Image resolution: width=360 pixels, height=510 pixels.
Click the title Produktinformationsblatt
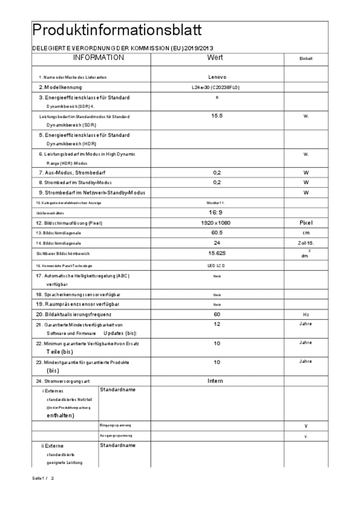[x=117, y=30]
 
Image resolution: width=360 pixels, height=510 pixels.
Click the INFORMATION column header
[x=98, y=58]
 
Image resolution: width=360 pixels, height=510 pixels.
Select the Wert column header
[x=215, y=58]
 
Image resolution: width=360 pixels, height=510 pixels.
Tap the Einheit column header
[x=306, y=59]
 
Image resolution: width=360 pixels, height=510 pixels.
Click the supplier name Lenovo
[x=217, y=77]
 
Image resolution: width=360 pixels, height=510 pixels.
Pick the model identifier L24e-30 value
[x=216, y=87]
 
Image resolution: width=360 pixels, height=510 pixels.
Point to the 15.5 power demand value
[x=217, y=116]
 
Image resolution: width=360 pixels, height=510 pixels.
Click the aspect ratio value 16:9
[x=215, y=213]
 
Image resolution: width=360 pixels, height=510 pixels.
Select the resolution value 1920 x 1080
[x=215, y=223]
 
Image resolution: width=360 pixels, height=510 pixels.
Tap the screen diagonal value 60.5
[x=217, y=233]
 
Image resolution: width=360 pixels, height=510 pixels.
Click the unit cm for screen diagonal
[x=306, y=233]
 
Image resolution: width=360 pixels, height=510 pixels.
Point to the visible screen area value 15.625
[x=217, y=253]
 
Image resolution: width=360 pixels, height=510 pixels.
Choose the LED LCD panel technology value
[x=216, y=266]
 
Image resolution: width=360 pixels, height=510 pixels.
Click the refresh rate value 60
[x=217, y=314]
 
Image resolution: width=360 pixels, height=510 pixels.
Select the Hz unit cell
[x=306, y=315]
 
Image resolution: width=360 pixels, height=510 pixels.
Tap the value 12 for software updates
[x=217, y=324]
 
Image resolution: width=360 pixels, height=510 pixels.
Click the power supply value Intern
[x=215, y=381]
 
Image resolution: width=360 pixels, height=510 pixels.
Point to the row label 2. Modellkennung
[x=60, y=87]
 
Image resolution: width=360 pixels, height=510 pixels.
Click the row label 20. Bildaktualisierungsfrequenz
[x=74, y=315]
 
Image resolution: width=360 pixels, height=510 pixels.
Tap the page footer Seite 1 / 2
[x=43, y=478]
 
